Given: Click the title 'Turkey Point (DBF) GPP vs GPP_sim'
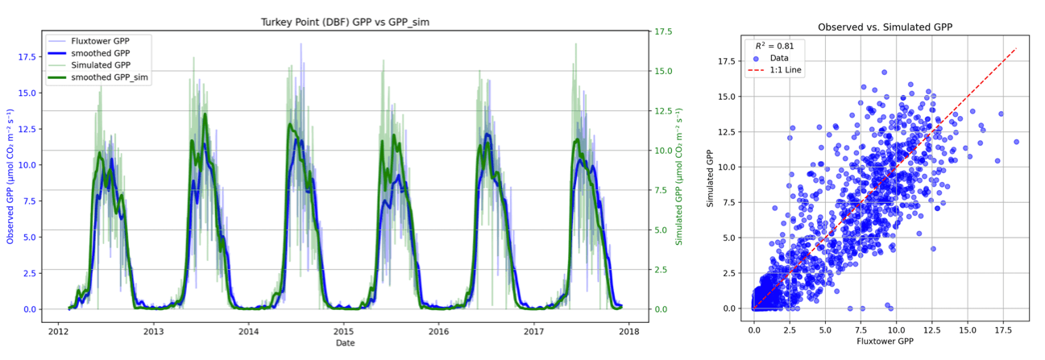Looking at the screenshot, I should (x=345, y=22).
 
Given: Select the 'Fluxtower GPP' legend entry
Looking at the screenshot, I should (x=101, y=41).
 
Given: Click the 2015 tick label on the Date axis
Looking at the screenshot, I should (x=344, y=331).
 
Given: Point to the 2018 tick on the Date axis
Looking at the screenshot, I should (x=628, y=331).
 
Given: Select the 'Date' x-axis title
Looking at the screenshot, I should (x=345, y=344).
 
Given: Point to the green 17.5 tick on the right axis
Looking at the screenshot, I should (x=665, y=31).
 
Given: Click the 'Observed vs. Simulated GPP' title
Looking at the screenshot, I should (x=885, y=27).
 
